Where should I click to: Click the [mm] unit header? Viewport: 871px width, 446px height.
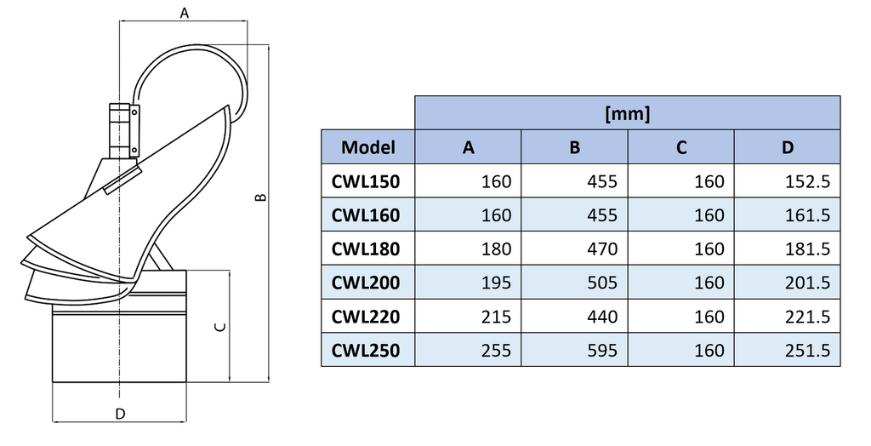[x=627, y=113]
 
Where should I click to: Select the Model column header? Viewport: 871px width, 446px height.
[x=367, y=147]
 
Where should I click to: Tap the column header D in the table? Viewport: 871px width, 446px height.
[x=788, y=147]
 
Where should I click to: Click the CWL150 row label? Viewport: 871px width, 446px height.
[x=365, y=181]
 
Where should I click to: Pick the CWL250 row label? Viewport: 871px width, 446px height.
[x=365, y=350]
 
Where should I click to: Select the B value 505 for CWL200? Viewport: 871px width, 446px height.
[x=602, y=283]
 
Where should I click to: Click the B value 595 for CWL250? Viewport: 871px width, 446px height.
[x=602, y=350]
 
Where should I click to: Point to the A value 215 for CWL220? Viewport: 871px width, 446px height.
[x=496, y=317]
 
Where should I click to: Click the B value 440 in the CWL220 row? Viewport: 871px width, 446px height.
[x=602, y=317]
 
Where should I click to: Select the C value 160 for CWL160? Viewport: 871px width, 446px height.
[x=709, y=215]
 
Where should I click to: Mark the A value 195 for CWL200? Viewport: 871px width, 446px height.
[x=496, y=283]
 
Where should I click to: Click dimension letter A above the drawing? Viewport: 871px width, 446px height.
[x=185, y=12]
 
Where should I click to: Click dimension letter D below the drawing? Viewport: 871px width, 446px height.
[x=120, y=414]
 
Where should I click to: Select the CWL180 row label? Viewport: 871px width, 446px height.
[x=365, y=249]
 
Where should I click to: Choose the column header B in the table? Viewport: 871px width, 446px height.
[x=575, y=147]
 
